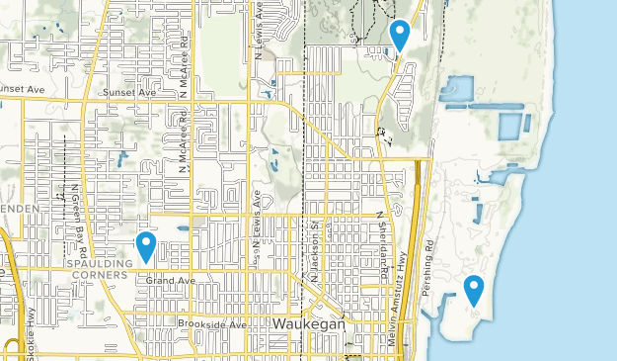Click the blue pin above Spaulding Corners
(x=146, y=244)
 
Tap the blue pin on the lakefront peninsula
(x=474, y=289)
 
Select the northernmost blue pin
(x=400, y=34)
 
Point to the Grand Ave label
(x=166, y=281)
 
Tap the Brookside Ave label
(x=211, y=323)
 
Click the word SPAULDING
(x=100, y=264)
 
